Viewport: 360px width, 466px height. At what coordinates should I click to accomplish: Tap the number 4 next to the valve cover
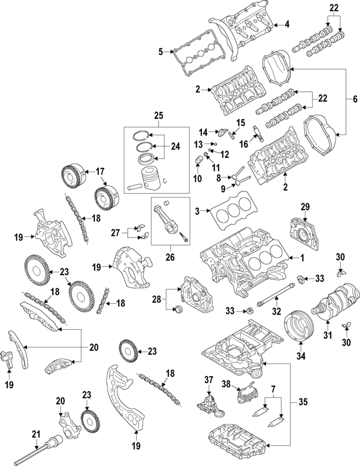click(x=286, y=24)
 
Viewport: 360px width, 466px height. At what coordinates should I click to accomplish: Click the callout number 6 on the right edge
click(x=354, y=99)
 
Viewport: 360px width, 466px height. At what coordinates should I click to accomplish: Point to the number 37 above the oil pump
click(x=209, y=380)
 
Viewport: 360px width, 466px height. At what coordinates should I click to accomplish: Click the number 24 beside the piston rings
click(x=175, y=147)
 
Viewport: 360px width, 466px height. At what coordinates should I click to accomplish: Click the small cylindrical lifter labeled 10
click(x=198, y=163)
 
